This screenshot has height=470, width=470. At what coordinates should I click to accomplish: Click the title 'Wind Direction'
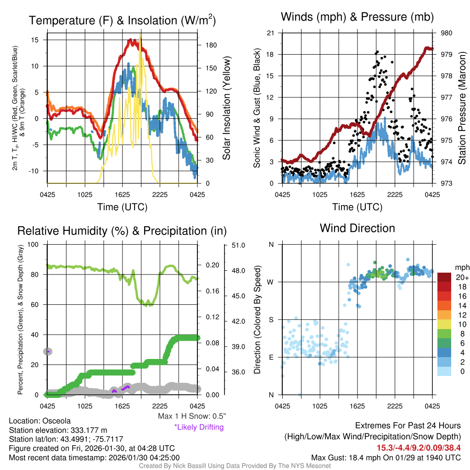click(x=357, y=228)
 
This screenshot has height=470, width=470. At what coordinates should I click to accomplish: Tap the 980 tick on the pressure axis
click(x=447, y=33)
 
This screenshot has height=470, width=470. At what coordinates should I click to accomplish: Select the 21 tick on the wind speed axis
click(x=270, y=33)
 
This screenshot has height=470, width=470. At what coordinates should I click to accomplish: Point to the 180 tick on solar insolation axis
click(x=212, y=45)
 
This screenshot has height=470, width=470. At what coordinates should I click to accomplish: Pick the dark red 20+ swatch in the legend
click(x=445, y=277)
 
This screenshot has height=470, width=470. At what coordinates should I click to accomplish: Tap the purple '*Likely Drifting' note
click(x=199, y=427)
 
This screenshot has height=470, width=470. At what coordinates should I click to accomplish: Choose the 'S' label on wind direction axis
click(x=271, y=319)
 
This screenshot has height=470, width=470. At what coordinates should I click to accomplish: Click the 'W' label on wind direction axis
click(x=271, y=282)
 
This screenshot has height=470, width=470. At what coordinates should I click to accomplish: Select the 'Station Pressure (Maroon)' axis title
click(x=462, y=108)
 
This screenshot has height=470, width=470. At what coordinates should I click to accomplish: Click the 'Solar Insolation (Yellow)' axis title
click(x=227, y=108)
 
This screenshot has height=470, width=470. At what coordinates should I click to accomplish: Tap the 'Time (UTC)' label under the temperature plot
click(x=122, y=207)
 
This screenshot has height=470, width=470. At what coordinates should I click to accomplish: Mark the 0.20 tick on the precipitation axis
click(x=213, y=265)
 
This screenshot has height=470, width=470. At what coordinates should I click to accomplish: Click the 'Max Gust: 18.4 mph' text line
click(x=386, y=458)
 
